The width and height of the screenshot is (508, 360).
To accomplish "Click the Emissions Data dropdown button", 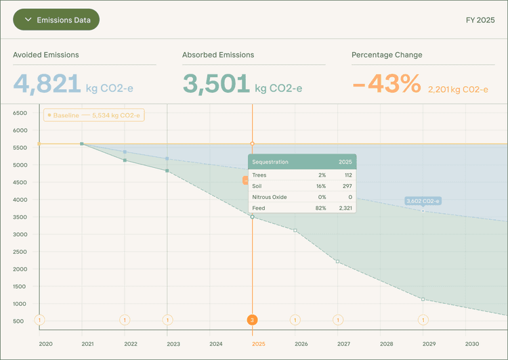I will coord(56,20).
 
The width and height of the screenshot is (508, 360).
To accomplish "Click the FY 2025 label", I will coord(480,20).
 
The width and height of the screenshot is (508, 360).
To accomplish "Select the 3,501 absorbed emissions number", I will coord(216,83).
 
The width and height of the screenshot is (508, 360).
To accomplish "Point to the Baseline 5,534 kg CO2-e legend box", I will coord(94,115).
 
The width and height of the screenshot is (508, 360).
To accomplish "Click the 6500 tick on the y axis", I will coord(20,113).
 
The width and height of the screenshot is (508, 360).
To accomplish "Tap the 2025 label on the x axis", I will coord(258,344).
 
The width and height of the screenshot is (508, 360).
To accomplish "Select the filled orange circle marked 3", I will coord(252,320).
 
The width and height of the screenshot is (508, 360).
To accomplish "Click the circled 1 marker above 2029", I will coord(423,320).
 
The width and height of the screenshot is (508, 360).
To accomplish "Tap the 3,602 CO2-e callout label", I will coord(423,201).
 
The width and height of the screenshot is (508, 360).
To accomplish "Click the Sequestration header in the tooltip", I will coord(270,162).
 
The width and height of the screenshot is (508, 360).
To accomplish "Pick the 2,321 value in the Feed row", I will coord(343,208).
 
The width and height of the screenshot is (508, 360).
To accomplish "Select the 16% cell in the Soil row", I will coord(321,186).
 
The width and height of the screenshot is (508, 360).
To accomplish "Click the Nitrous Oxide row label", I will coord(269,197).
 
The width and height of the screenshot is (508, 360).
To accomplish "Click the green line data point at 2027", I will coord(338,261).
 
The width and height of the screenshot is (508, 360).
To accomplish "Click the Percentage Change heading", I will coord(387,55).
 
